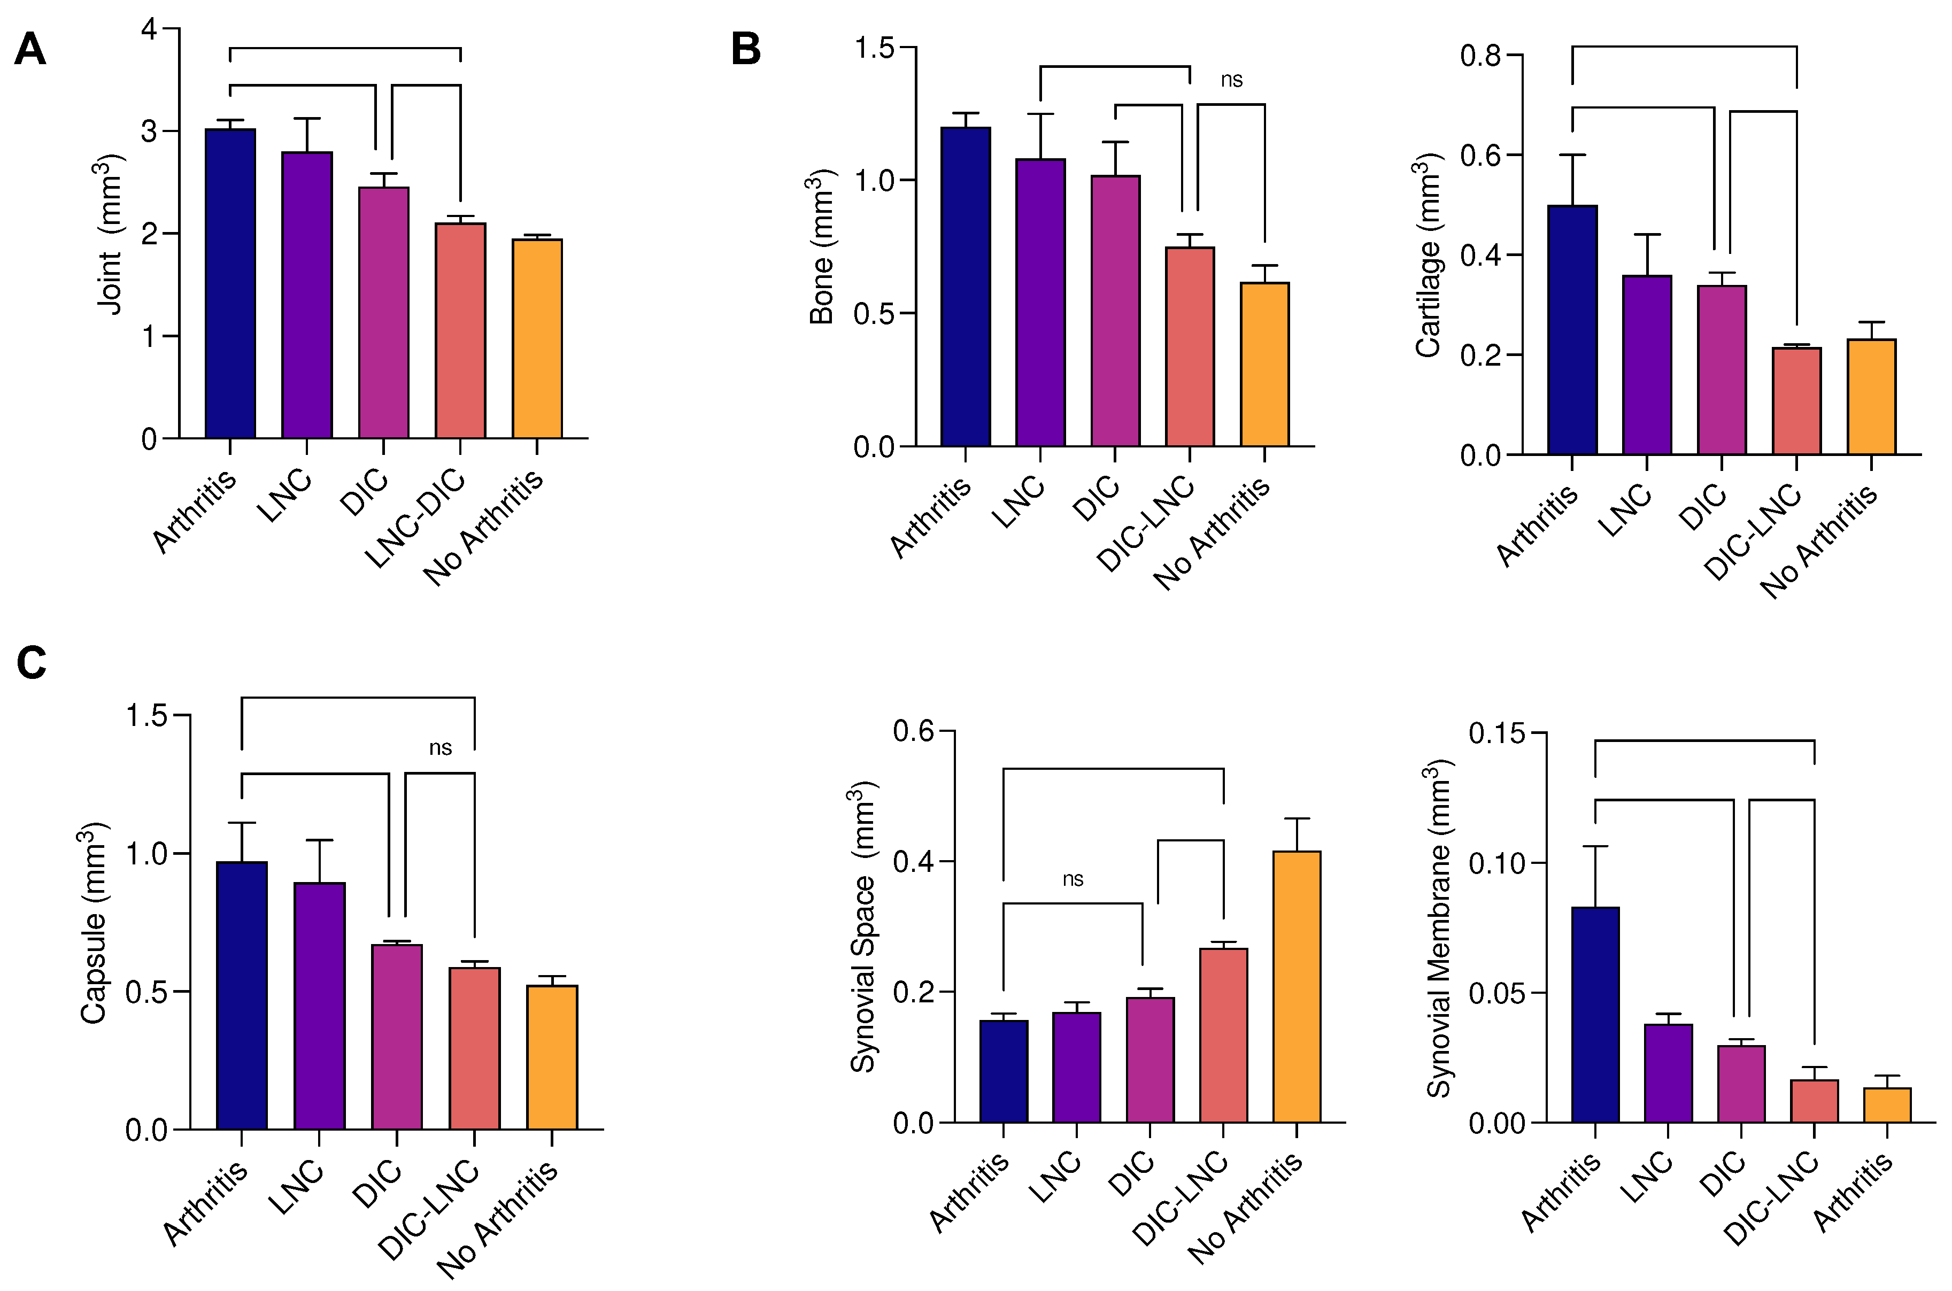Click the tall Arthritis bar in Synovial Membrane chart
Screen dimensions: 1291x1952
[x=1595, y=1015]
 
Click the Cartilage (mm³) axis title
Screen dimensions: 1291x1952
[x=1429, y=255]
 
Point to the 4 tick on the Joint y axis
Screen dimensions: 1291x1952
[x=149, y=29]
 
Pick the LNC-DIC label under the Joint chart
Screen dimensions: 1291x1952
[x=416, y=519]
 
